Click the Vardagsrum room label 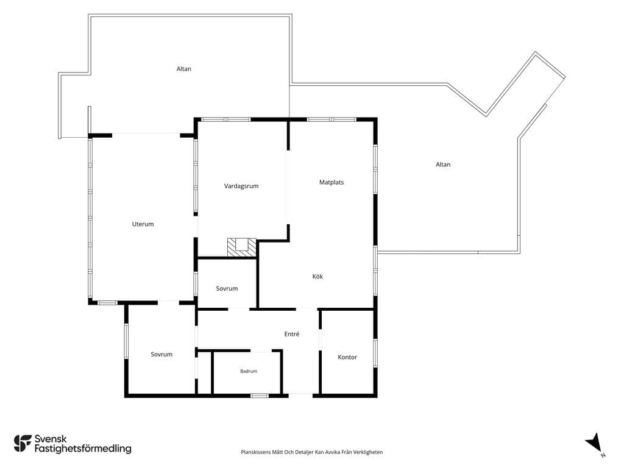click(241, 186)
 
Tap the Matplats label click(331, 182)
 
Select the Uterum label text click(143, 224)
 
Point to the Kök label click(317, 276)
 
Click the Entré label click(292, 334)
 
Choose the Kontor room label click(347, 357)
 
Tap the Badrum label click(249, 371)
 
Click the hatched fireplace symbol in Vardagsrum click(241, 247)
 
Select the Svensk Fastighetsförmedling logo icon click(23, 444)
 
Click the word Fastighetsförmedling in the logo click(83, 448)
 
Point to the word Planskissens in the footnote click(255, 452)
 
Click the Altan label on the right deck click(443, 165)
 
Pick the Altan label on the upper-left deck click(184, 69)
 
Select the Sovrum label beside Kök click(227, 288)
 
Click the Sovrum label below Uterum click(161, 354)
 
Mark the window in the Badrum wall click(260, 395)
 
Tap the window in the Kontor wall click(375, 353)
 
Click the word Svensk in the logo click(51, 439)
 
